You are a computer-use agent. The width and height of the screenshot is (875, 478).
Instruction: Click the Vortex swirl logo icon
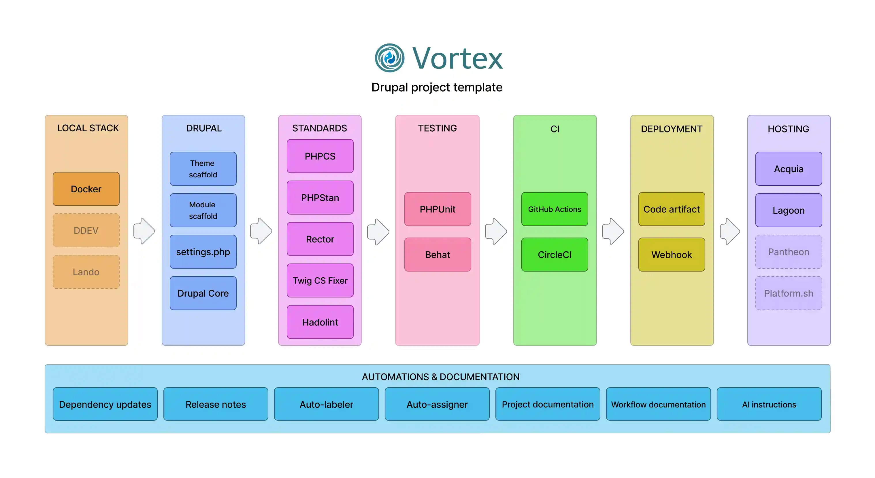389,58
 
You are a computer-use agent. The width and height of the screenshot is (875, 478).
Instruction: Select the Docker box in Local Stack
86,189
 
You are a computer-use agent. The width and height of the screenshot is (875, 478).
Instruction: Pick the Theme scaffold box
203,169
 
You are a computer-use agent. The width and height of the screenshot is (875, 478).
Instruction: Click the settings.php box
203,252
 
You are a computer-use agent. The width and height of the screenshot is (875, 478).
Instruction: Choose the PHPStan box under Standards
320,198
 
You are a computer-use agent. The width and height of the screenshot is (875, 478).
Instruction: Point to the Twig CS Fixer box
320,280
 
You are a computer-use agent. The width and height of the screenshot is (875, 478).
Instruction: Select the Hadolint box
320,322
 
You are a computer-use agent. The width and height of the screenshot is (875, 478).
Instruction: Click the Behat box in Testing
437,254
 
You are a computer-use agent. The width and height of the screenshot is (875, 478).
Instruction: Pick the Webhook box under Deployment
671,254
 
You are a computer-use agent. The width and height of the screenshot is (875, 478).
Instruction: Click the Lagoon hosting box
788,210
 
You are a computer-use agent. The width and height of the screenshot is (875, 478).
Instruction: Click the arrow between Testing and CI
496,231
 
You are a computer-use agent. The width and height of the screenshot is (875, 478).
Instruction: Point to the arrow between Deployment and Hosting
730,231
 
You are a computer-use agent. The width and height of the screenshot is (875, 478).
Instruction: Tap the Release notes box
215,404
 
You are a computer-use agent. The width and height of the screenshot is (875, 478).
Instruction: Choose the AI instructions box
769,404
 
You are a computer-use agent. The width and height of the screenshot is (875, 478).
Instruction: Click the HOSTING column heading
788,129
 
